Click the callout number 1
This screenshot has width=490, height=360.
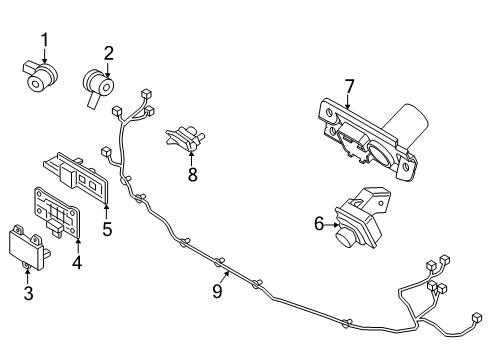coord(45,40)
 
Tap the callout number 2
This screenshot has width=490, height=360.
coord(108,53)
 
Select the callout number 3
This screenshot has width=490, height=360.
coord(29,293)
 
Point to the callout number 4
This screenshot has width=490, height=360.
coord(77,262)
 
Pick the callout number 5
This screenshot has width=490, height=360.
coord(107,229)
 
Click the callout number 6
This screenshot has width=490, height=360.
coord(319,224)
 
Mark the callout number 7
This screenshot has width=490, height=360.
coord(349,87)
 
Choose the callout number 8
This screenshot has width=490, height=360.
coord(193,174)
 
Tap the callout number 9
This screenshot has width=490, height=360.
coord(217,291)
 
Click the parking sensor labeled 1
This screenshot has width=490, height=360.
coord(40,76)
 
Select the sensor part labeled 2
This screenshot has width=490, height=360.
coord(98,86)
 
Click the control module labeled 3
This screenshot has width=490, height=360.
coord(29,247)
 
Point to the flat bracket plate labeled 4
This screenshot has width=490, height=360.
coord(57,212)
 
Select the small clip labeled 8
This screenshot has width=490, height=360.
coord(185,138)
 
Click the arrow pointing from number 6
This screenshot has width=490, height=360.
coord(332,225)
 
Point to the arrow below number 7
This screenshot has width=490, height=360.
coord(348,102)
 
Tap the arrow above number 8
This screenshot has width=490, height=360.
coord(192,158)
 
